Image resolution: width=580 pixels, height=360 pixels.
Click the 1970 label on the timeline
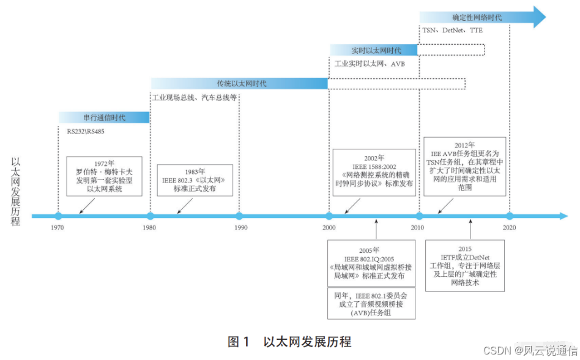coord(58,228)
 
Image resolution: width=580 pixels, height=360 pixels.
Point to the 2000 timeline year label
coord(329,228)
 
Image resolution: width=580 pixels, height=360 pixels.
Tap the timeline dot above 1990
coord(239,216)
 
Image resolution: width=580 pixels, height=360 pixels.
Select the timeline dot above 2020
coord(509,216)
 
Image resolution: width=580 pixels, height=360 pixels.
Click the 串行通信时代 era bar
coord(104,117)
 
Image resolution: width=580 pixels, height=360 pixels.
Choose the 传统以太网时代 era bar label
coord(241,83)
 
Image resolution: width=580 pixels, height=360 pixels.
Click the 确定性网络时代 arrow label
coord(477,17)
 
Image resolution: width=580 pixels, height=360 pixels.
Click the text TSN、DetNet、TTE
coord(452,31)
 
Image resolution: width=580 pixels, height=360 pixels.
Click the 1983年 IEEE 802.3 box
coord(195,180)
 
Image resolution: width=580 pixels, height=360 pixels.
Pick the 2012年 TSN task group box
coord(465,167)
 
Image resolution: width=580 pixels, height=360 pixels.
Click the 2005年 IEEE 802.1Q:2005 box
coord(371,264)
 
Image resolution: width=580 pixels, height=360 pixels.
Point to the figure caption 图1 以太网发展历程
coord(289,342)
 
